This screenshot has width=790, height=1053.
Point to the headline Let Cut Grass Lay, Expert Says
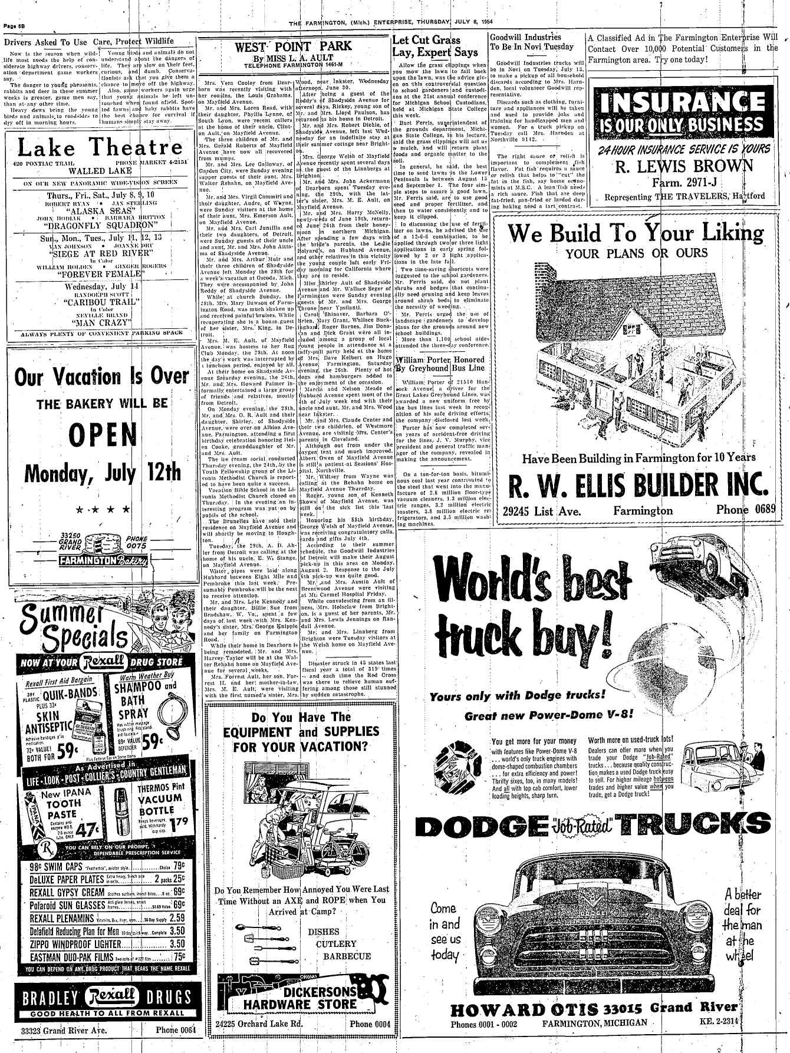click(435, 46)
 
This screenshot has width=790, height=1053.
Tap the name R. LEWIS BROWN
click(683, 166)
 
